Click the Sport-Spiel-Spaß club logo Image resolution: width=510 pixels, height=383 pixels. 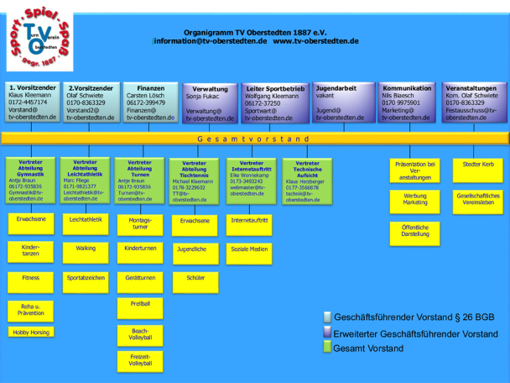[x=35, y=37]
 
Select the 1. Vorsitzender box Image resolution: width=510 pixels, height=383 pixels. [x=32, y=102]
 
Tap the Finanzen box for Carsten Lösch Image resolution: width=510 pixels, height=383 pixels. [x=150, y=102]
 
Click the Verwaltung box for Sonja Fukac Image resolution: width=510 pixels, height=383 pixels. [x=210, y=103]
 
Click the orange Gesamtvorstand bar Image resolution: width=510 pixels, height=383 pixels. [x=254, y=139]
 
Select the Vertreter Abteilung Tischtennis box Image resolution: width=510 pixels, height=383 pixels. [x=194, y=181]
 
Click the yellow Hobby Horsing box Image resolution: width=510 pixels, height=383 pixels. [x=31, y=333]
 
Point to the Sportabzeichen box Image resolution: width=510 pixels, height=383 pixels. [x=86, y=277]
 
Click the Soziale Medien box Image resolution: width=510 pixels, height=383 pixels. [x=250, y=249]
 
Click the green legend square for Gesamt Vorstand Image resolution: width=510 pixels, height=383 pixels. [x=327, y=349]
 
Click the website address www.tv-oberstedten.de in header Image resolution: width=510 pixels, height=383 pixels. [x=316, y=40]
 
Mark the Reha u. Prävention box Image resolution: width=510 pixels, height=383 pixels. [x=31, y=310]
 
